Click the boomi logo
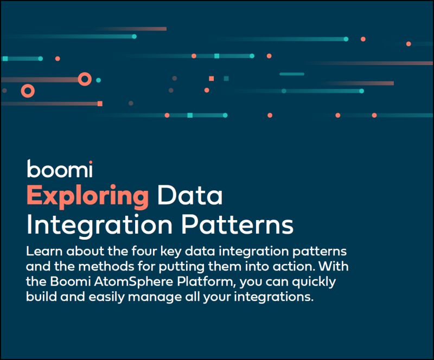point(60,170)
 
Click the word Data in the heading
point(190,196)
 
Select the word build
point(41,298)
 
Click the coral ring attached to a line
point(84,79)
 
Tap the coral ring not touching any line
point(28,91)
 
